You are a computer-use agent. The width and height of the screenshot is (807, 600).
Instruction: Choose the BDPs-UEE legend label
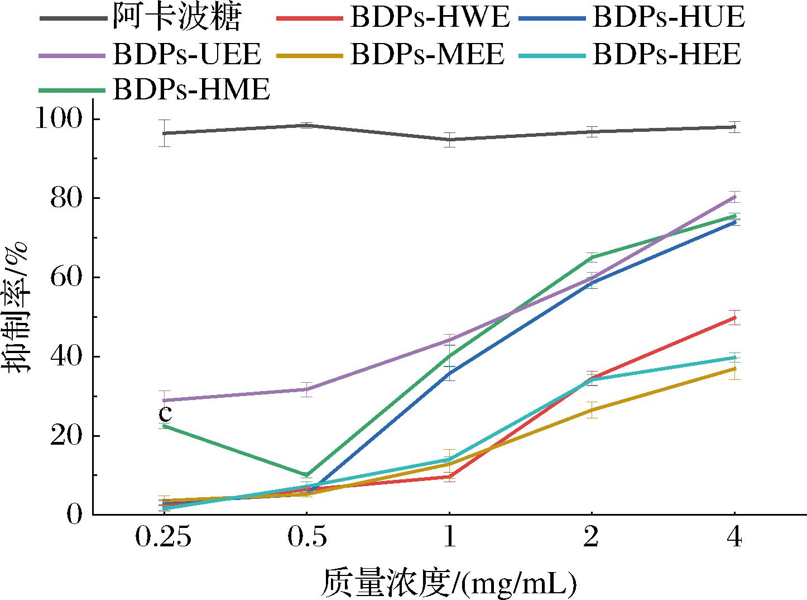click(x=186, y=55)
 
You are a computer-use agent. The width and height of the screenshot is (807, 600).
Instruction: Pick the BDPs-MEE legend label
click(x=427, y=55)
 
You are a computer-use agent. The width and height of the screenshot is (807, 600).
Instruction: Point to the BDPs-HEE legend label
click(x=667, y=55)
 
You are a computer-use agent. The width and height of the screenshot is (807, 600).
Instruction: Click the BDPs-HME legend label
click(x=191, y=89)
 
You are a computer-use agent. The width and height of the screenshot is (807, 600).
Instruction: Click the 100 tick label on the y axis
click(x=59, y=119)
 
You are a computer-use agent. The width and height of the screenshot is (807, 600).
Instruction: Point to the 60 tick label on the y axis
click(x=66, y=278)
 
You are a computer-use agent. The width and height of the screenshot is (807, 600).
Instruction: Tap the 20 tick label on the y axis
click(x=66, y=436)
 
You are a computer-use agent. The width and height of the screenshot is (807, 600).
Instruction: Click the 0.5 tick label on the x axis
click(x=307, y=539)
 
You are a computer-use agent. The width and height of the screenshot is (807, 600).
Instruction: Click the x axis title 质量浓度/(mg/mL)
click(x=448, y=583)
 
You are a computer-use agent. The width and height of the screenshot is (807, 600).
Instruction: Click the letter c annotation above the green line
click(x=165, y=414)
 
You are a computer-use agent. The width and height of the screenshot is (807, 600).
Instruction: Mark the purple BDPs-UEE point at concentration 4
click(x=734, y=197)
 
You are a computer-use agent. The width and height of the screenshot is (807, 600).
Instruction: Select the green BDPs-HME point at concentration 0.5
click(x=307, y=475)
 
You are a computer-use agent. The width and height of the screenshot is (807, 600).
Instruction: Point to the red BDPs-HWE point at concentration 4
click(x=734, y=317)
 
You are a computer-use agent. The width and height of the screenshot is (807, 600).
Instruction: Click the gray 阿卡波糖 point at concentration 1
click(x=449, y=140)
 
